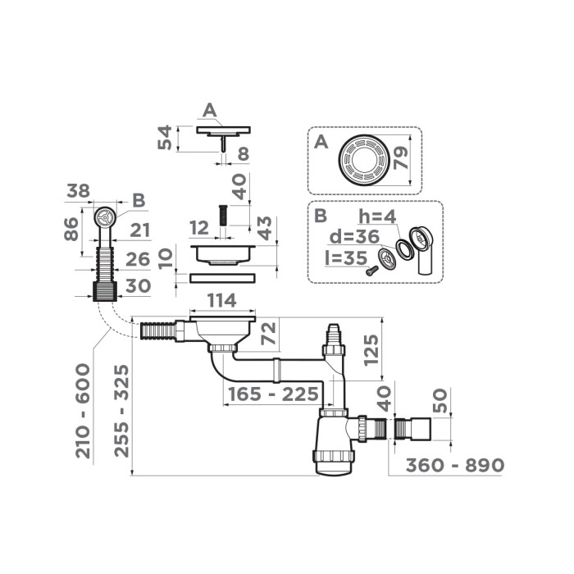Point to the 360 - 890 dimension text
coord(455,465)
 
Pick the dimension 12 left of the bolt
coord(199,226)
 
